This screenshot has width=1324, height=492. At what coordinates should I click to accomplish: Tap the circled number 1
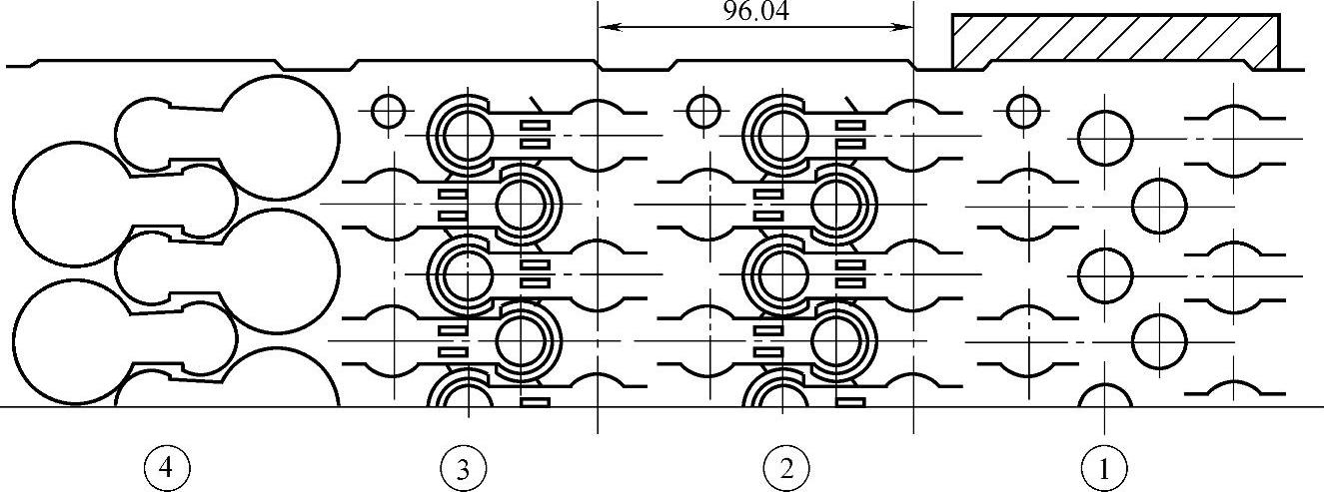(x=1104, y=466)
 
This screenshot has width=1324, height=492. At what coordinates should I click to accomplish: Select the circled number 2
(x=785, y=466)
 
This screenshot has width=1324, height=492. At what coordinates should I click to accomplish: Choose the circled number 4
(x=168, y=466)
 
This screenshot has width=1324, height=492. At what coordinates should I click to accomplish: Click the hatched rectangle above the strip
(x=1115, y=42)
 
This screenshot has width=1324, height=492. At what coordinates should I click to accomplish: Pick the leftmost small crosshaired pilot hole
(x=388, y=110)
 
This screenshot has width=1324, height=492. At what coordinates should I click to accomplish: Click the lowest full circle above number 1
(x=1159, y=341)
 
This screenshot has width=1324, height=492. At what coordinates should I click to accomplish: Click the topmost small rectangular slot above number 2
(x=850, y=125)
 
